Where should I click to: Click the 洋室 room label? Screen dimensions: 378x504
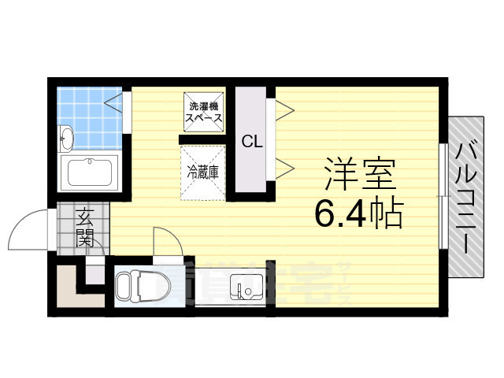[358, 176]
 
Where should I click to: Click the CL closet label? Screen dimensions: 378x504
[252, 143]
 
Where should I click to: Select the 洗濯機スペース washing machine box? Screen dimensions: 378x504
[202, 111]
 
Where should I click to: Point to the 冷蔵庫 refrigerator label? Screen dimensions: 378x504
[203, 169]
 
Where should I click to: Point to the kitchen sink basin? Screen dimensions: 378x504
[244, 290]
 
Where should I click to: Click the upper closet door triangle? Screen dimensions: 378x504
[283, 110]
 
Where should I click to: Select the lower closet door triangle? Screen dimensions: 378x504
[283, 167]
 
